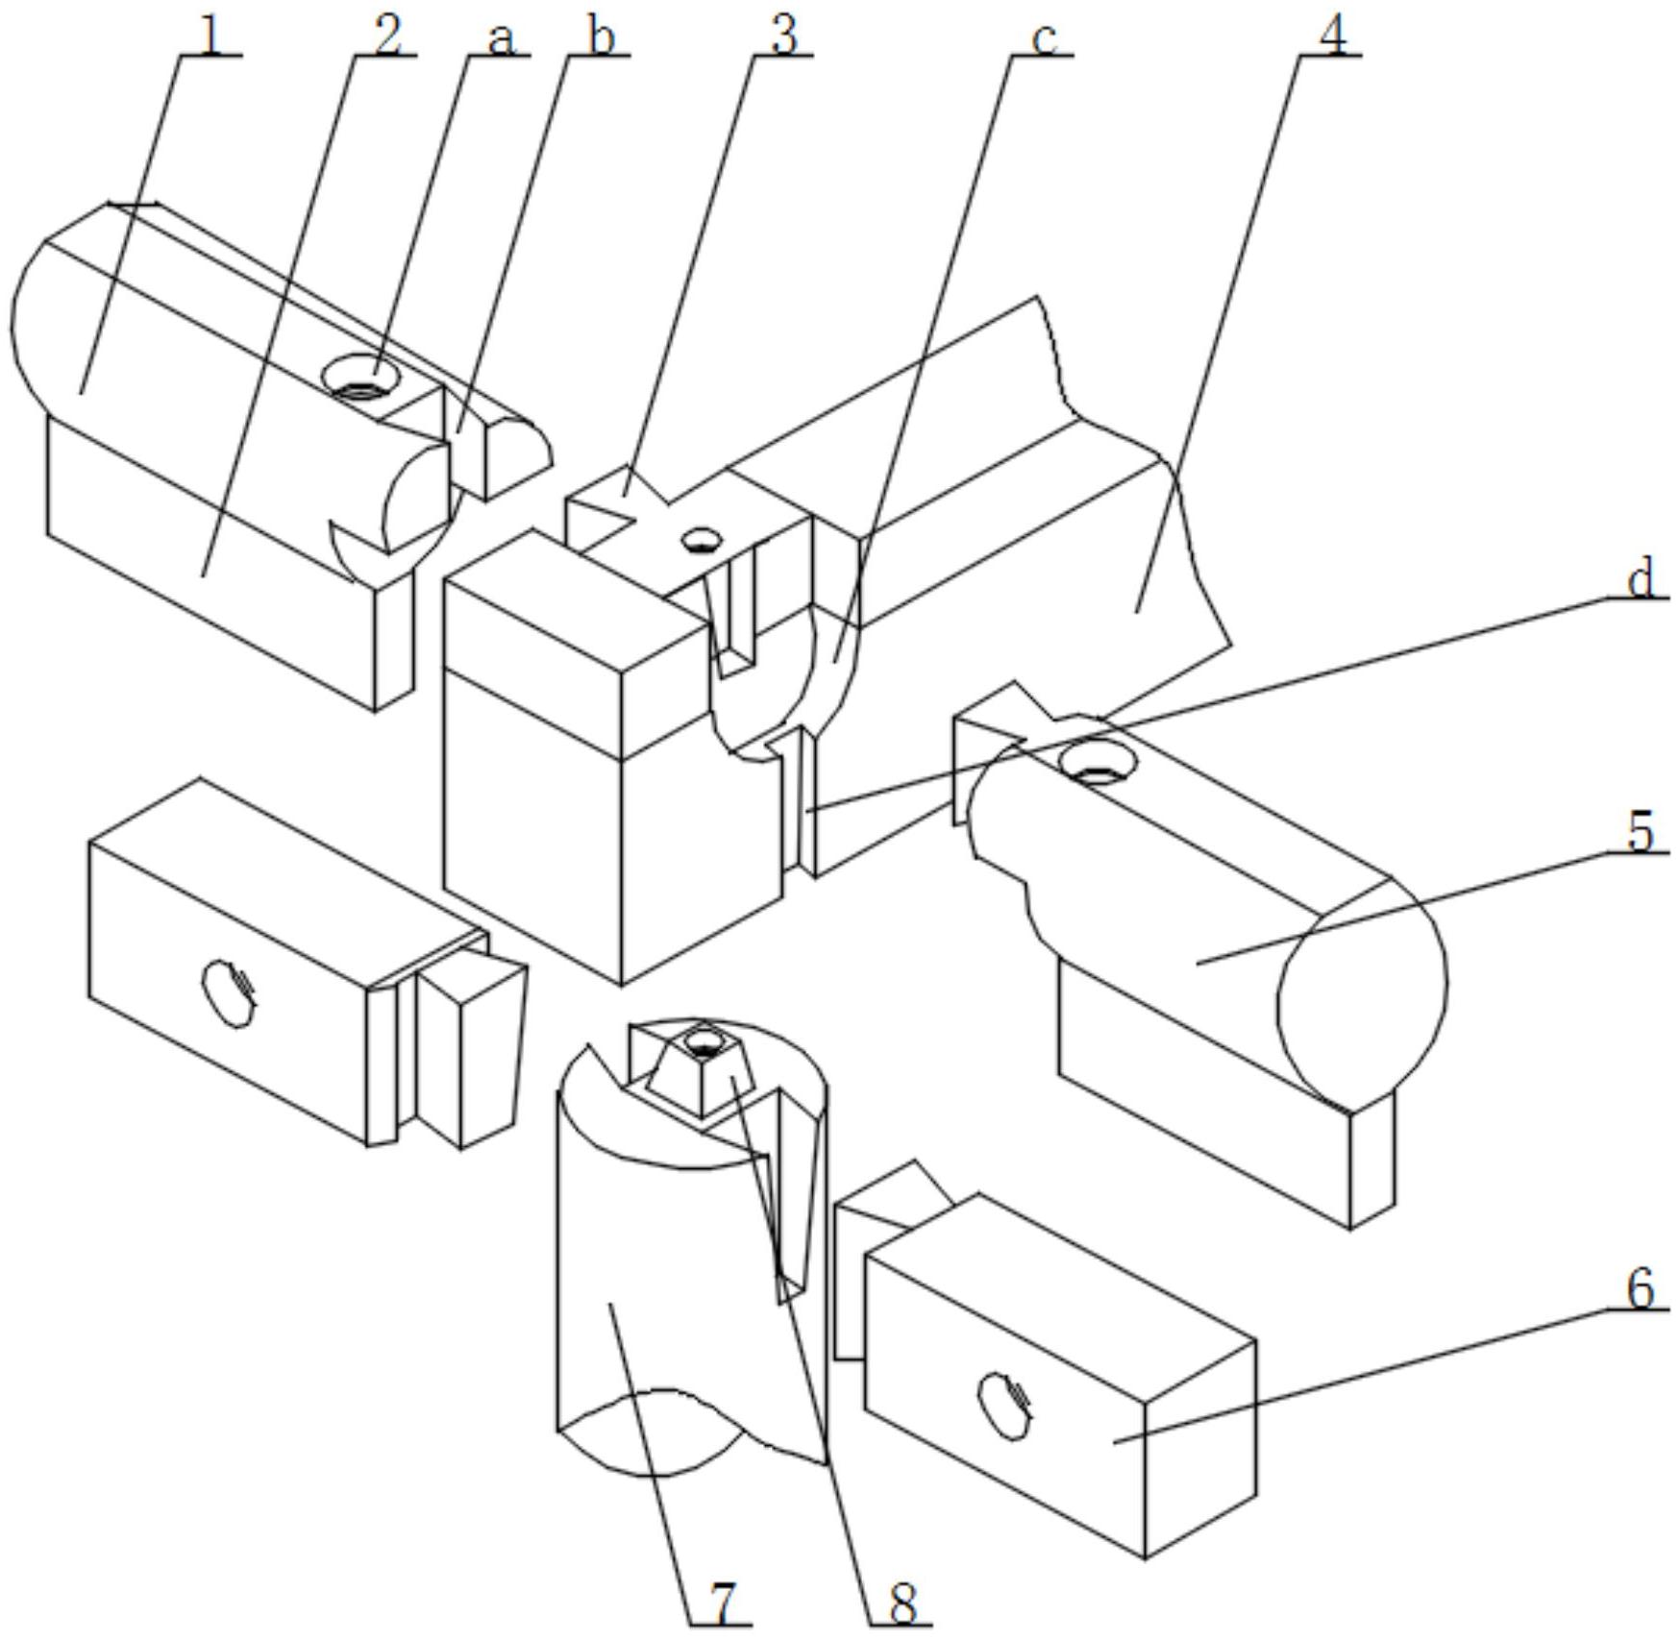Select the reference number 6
point(1642,1288)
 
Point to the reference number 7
point(721,1602)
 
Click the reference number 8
point(902,1602)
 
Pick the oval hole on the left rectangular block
point(231,992)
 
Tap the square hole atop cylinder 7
point(704,1040)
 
